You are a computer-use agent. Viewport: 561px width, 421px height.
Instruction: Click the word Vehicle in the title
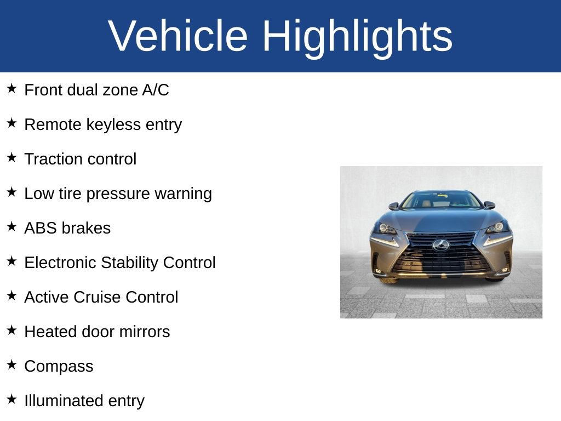point(178,36)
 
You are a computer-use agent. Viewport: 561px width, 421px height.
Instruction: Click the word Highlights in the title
point(357,36)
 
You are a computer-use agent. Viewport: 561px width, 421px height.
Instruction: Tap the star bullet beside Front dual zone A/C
point(12,89)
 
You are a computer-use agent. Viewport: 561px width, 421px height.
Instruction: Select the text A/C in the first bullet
point(155,90)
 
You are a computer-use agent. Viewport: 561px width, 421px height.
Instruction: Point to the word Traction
point(49,159)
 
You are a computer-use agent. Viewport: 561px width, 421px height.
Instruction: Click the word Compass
point(59,366)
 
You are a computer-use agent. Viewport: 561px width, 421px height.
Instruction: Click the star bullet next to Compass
point(12,365)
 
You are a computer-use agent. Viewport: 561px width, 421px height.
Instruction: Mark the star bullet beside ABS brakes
point(12,227)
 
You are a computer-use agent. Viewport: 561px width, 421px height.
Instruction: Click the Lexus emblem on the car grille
point(440,245)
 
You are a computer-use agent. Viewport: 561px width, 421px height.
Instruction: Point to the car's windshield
point(441,200)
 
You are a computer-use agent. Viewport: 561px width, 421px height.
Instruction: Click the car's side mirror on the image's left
point(393,206)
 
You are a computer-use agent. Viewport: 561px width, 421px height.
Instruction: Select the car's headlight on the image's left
point(386,229)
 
